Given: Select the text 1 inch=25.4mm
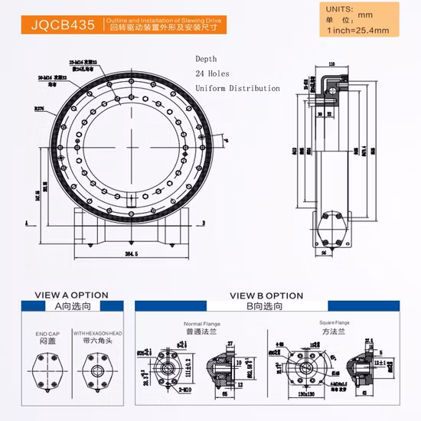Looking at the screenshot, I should click(x=357, y=31).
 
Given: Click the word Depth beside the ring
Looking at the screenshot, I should click(x=206, y=59).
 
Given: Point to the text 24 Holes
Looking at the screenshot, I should click(x=213, y=73).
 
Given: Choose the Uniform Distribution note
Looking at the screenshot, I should click(x=237, y=88).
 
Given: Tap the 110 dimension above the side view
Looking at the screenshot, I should click(x=331, y=64).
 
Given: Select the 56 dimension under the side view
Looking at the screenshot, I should click(x=325, y=251).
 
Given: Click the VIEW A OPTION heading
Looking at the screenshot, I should click(x=72, y=295).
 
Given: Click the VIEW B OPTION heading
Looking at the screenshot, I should click(x=266, y=295).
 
